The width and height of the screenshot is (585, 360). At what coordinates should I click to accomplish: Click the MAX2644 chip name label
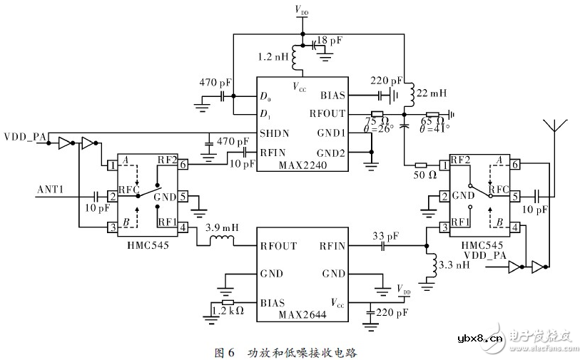coord(302,314)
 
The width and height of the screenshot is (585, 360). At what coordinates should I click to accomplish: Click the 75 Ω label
coord(376,121)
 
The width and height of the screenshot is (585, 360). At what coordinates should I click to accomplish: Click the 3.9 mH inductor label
coord(220,229)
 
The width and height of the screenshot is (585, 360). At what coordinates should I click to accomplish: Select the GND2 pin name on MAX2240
coord(330,152)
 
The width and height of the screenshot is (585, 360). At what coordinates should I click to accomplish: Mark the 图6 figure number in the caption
coord(225,352)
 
